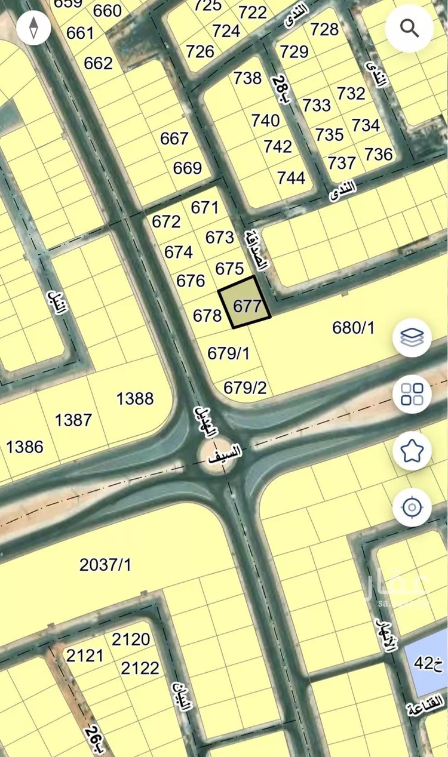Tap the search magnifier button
tap(409, 28)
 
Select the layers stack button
tap(412, 337)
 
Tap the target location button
tap(412, 508)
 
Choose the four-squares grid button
tap(412, 394)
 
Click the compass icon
tap(33, 27)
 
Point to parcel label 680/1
tap(353, 327)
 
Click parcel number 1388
tap(135, 399)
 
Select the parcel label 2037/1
tap(105, 565)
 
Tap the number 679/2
tap(245, 388)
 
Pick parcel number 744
tap(291, 177)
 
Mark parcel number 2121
tap(85, 656)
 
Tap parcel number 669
tap(188, 168)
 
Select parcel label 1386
tap(24, 446)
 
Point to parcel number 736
tap(379, 155)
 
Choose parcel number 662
tap(98, 63)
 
